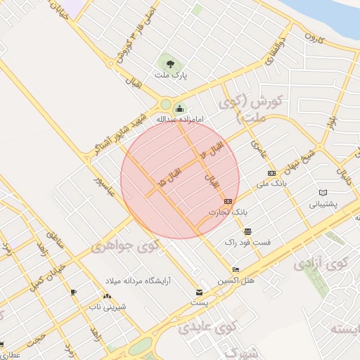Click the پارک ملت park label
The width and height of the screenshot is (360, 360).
coord(169,74)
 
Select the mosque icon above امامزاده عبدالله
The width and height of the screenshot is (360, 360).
coord(179,109)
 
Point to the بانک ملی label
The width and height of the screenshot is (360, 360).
coord(271,183)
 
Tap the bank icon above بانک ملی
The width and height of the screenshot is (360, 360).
coord(271,173)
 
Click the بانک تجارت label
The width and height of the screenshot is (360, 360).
coord(229,211)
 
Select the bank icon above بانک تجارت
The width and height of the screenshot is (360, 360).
coord(229,201)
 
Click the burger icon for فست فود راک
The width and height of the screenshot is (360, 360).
coord(247,231)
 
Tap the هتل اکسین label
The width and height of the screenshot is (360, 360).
coord(236,280)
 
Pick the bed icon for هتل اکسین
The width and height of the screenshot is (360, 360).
coord(236,270)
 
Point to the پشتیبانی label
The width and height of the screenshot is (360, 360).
coord(323,204)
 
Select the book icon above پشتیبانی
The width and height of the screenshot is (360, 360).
coord(323,193)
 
